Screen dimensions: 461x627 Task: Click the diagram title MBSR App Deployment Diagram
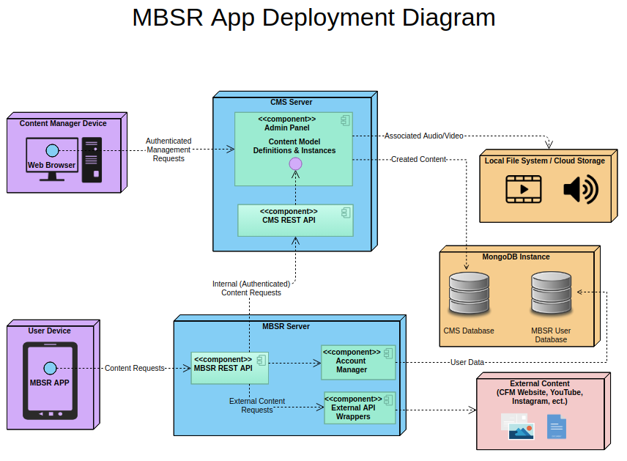tap(313, 18)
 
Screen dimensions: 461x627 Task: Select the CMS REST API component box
tap(295, 220)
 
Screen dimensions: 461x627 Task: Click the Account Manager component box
tap(358, 362)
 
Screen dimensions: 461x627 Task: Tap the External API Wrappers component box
tap(360, 408)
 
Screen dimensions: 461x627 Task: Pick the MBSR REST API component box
tap(229, 368)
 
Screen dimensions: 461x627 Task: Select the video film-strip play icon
tap(524, 190)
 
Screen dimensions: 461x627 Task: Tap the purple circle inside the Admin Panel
tap(295, 163)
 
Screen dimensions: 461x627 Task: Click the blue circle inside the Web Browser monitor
tap(52, 151)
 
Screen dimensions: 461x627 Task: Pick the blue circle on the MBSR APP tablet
tap(50, 368)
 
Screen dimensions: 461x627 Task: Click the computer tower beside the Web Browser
tap(92, 160)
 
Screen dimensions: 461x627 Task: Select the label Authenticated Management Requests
tap(168, 150)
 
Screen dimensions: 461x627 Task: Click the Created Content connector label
tap(418, 159)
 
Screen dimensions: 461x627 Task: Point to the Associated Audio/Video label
tap(423, 136)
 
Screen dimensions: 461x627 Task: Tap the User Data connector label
tap(467, 362)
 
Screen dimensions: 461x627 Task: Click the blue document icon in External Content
tap(556, 427)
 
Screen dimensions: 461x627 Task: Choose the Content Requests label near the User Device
tap(134, 368)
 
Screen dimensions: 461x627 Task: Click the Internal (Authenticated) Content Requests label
tap(251, 288)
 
